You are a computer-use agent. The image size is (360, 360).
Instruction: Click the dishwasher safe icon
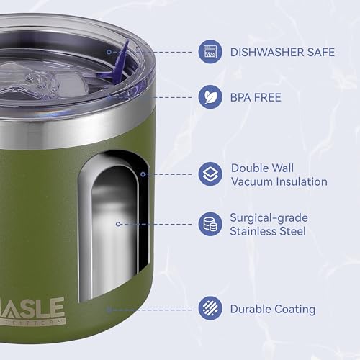[x=210, y=51]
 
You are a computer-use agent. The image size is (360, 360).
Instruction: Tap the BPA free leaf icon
[x=210, y=96]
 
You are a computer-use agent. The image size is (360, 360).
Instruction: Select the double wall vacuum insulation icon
[x=210, y=174]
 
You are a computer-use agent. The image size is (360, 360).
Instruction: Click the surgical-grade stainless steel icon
[x=210, y=223]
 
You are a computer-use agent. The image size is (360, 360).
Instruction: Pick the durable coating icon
[x=210, y=309]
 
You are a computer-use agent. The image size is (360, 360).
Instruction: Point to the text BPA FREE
[x=256, y=96]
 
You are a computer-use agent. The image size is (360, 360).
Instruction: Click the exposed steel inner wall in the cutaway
[x=115, y=230]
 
